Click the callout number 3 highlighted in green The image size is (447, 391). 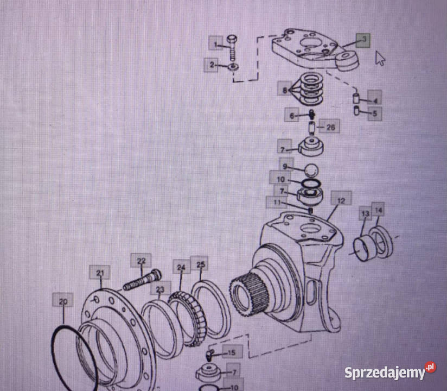click(363, 41)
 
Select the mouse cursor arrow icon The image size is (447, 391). click(380, 58)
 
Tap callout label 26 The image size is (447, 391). click(330, 127)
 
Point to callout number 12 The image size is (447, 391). click(341, 200)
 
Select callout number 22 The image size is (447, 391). click(141, 261)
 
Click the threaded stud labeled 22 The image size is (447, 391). click(143, 280)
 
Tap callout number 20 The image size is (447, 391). click(63, 300)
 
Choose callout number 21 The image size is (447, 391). click(100, 273)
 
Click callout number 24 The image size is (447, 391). click(181, 267)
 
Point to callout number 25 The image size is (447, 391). click(200, 264)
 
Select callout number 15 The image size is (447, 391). click(232, 352)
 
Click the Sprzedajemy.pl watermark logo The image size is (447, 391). click(390, 371)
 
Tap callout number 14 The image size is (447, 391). click(378, 210)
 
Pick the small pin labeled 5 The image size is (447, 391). click(356, 111)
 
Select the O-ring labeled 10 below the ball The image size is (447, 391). click(311, 183)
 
